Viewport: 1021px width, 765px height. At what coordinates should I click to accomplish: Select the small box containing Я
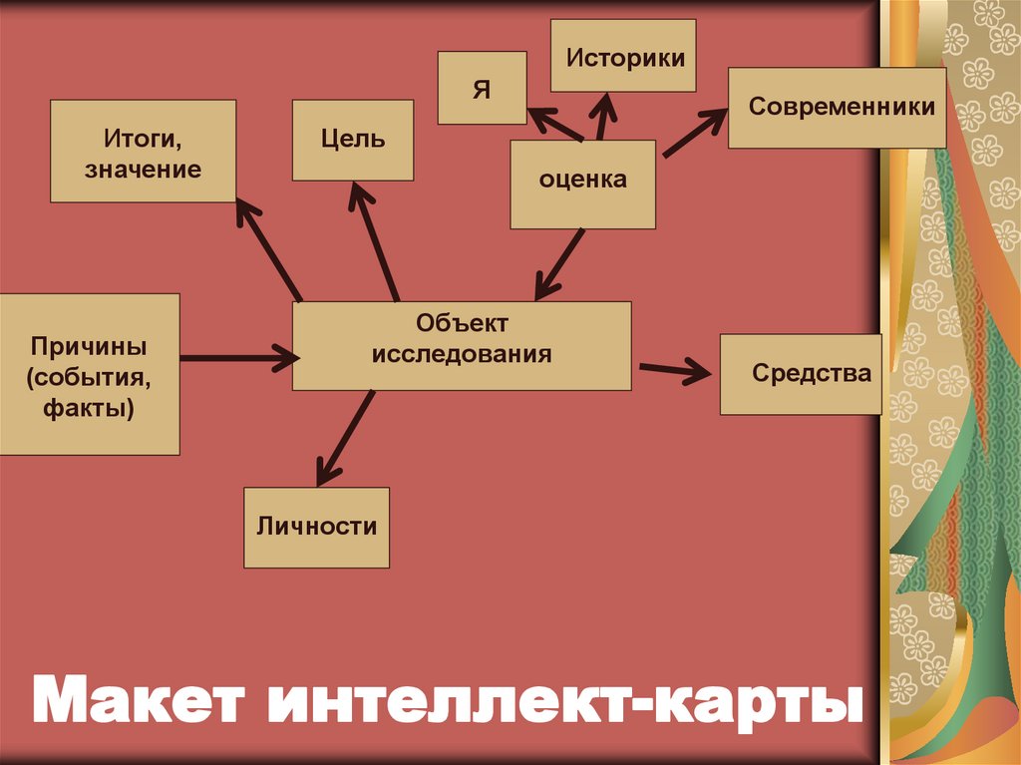[482, 88]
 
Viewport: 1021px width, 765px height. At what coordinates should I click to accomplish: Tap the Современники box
[838, 108]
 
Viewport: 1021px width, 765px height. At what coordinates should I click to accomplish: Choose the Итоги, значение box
[143, 151]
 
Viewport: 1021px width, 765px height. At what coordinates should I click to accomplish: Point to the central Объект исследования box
[462, 345]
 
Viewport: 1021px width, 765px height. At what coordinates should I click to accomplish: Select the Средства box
[801, 374]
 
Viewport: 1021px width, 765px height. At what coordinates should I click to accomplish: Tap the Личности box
[316, 528]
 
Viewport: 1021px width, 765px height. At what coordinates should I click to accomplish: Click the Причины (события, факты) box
[89, 374]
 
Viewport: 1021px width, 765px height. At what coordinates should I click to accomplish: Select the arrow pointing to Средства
[675, 370]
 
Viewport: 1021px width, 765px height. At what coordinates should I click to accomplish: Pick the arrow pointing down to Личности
[346, 438]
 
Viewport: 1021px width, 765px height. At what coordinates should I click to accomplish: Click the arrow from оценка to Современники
[695, 134]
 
